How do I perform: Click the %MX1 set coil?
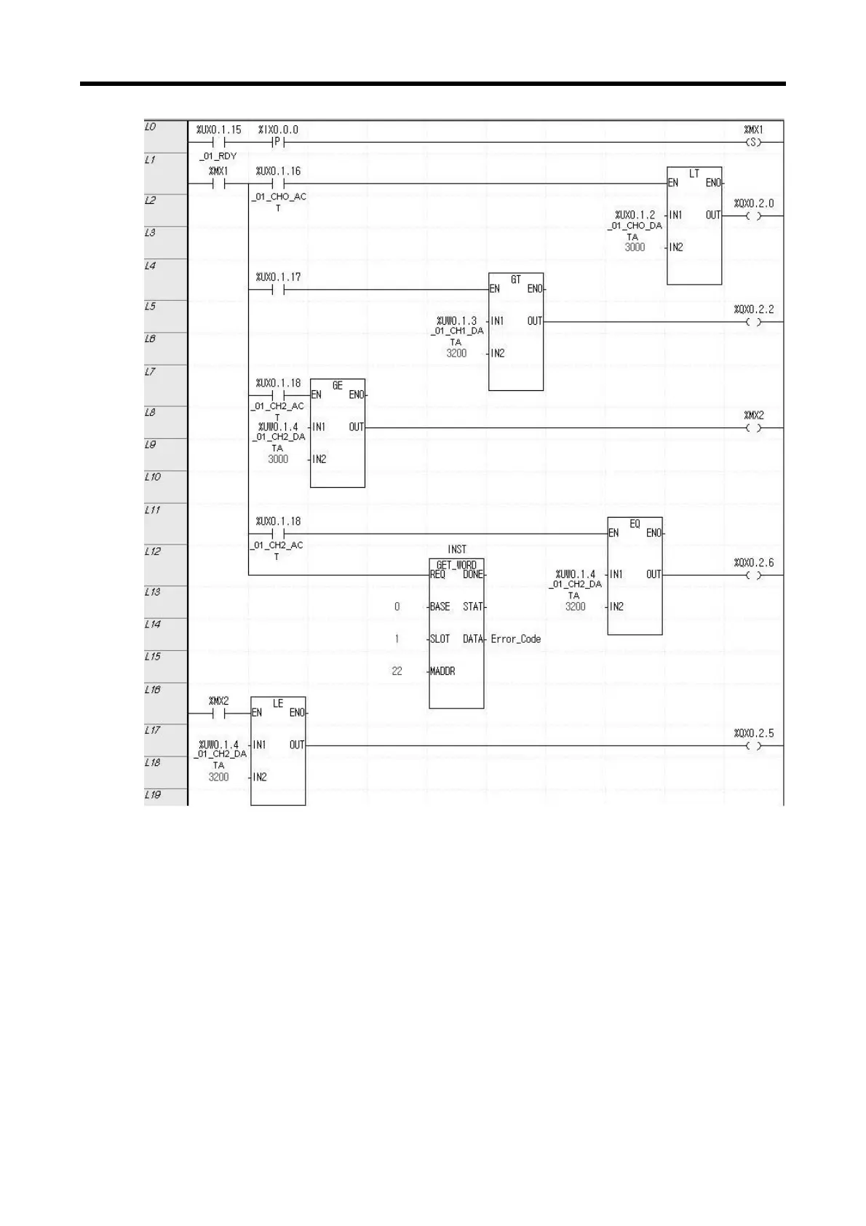(x=753, y=143)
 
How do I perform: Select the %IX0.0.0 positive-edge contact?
(x=277, y=143)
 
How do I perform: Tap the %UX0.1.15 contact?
(x=218, y=143)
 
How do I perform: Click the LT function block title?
(x=694, y=174)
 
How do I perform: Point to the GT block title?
(x=515, y=280)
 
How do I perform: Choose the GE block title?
(x=337, y=385)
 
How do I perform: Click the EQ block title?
(x=635, y=523)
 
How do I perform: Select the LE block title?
(x=278, y=703)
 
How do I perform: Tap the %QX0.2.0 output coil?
(x=753, y=216)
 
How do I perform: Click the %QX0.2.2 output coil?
(x=753, y=322)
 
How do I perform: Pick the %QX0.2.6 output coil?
(x=753, y=575)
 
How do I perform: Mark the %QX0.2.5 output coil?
(x=753, y=746)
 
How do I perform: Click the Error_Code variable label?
(x=515, y=639)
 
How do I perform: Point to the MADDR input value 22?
(x=397, y=671)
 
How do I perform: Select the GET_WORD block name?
(x=456, y=565)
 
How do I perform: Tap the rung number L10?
(x=152, y=477)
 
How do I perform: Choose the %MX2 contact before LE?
(x=218, y=713)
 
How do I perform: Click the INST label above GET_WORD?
(x=457, y=550)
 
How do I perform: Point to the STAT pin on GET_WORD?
(x=473, y=606)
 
